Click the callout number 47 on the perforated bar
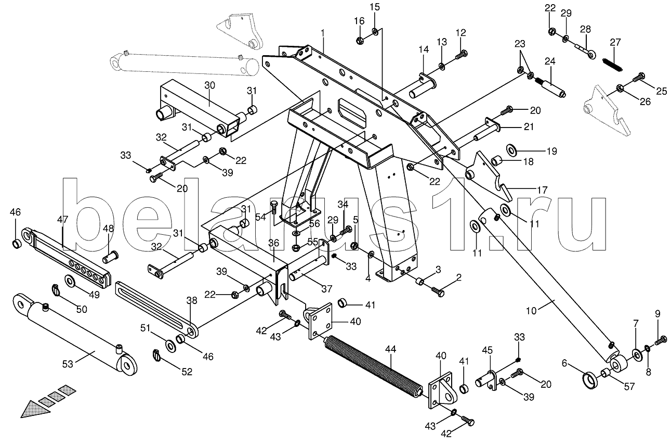tap(62, 220)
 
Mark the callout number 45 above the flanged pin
tap(486, 350)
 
